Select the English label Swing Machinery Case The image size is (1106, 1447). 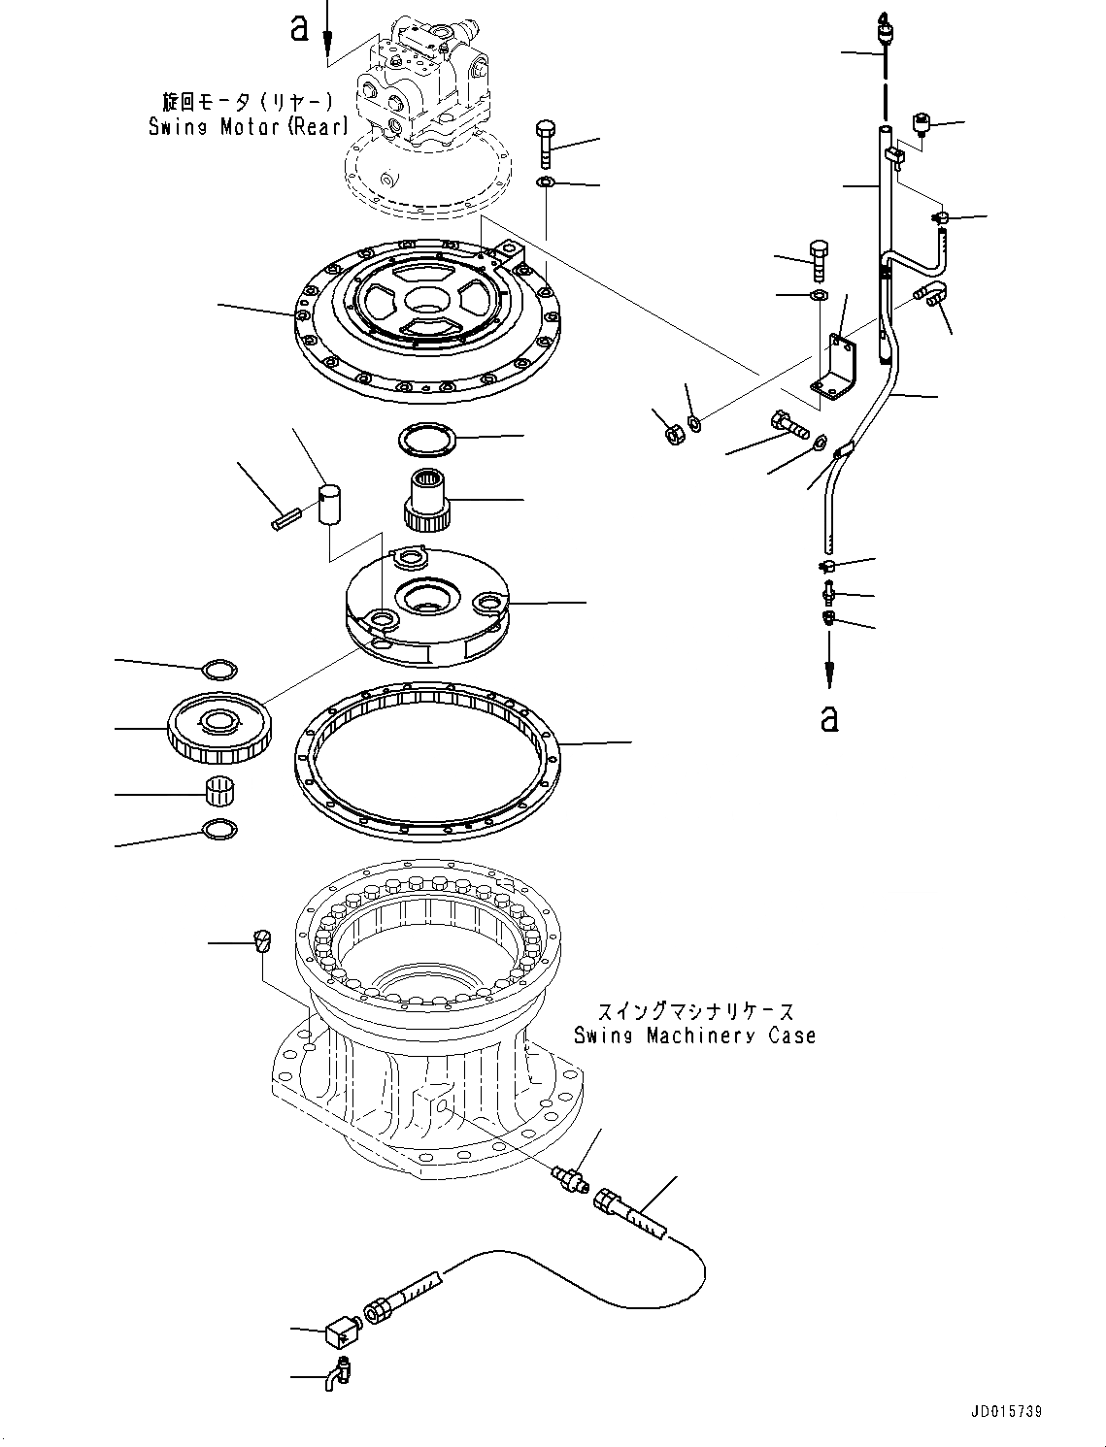[x=693, y=1036]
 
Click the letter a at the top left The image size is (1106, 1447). [x=300, y=28]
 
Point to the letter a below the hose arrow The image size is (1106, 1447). [x=828, y=718]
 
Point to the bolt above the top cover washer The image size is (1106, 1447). [x=545, y=143]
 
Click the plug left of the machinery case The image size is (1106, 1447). [x=262, y=940]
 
